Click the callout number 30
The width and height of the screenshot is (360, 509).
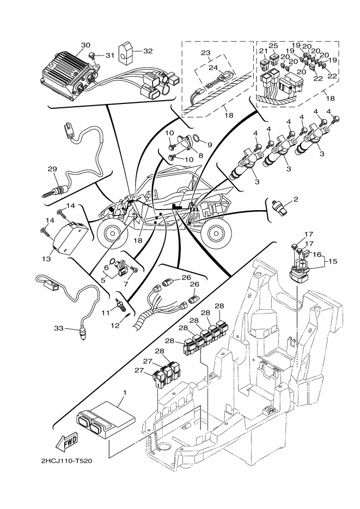coord(85,45)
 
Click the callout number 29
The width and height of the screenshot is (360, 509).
coord(52,169)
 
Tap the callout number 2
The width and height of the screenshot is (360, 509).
coord(296,200)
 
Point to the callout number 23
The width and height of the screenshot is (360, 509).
coord(205,53)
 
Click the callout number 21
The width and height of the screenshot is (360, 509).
coord(263,51)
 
